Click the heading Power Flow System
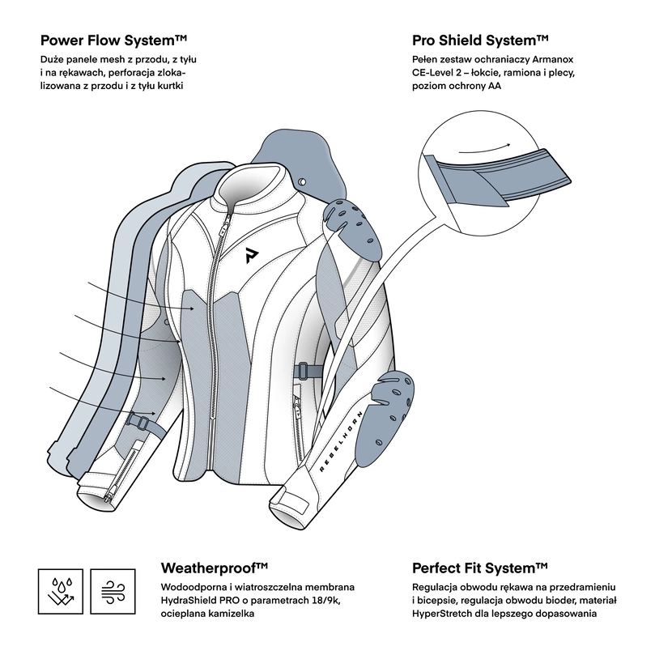[113, 40]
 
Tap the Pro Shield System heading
[481, 40]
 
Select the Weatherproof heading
[215, 568]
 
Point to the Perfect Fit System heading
[481, 568]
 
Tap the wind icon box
[113, 589]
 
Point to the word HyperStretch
[446, 614]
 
